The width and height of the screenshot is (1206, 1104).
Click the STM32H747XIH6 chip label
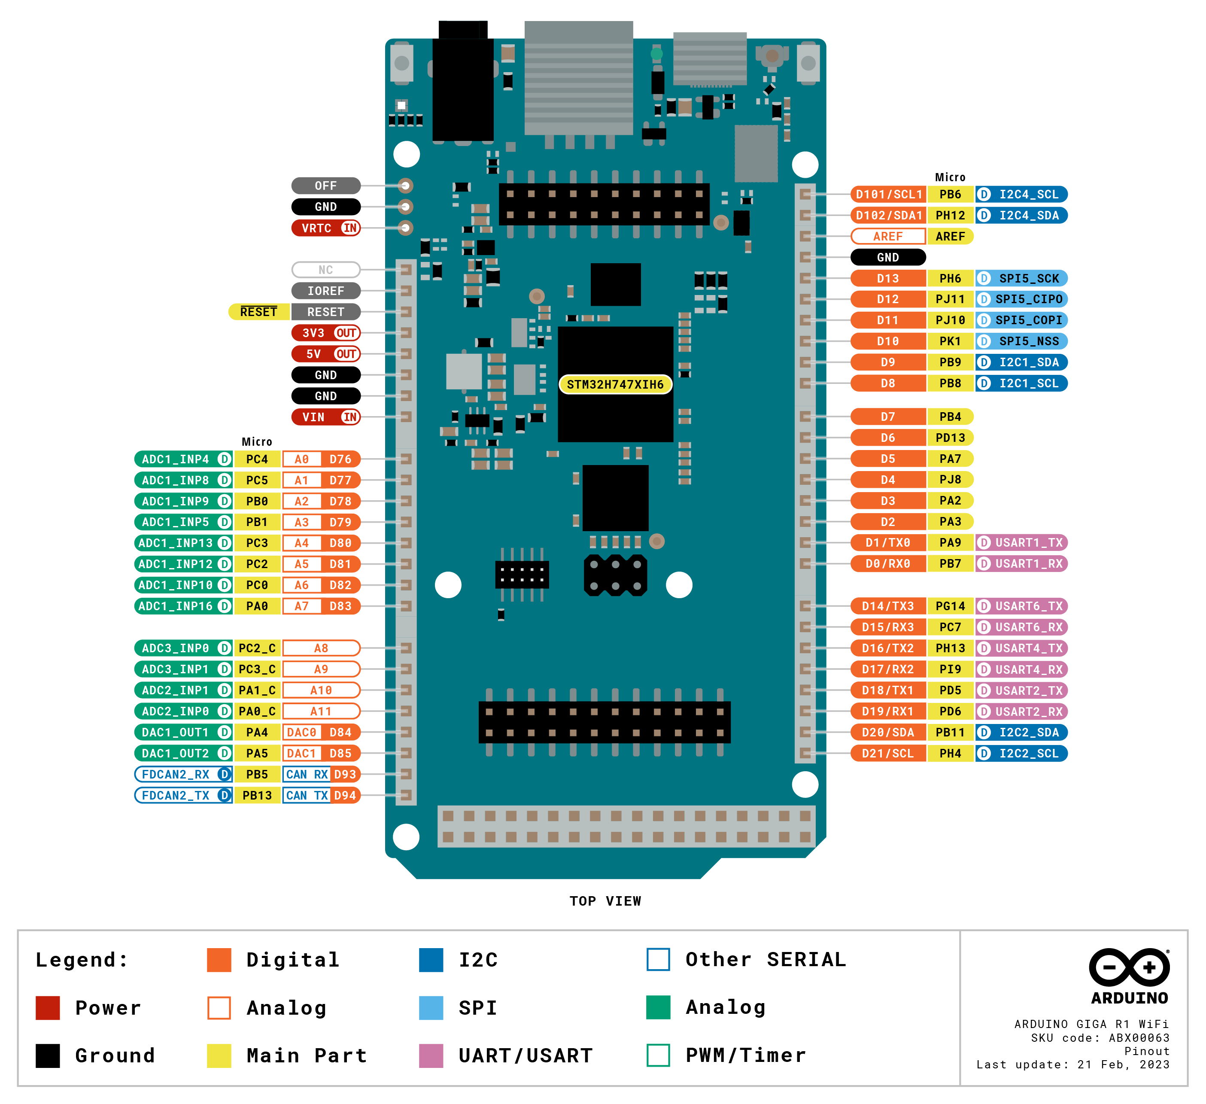(x=615, y=384)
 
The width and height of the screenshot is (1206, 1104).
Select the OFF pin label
(x=325, y=186)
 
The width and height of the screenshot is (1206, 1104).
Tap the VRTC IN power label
(x=325, y=228)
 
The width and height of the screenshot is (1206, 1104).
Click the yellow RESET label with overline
(x=258, y=312)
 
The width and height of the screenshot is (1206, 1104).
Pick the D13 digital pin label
(x=888, y=278)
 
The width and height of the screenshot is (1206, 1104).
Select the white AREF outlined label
(x=888, y=236)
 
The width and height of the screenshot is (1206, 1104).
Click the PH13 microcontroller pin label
(x=950, y=648)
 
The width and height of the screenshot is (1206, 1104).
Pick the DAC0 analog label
(x=301, y=733)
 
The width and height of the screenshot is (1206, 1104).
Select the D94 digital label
(x=345, y=795)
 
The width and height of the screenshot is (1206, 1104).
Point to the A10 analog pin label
(x=321, y=690)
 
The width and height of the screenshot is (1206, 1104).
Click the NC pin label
(x=325, y=270)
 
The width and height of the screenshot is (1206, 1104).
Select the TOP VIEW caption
(x=605, y=901)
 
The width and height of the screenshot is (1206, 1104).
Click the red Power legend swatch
(x=48, y=1008)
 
